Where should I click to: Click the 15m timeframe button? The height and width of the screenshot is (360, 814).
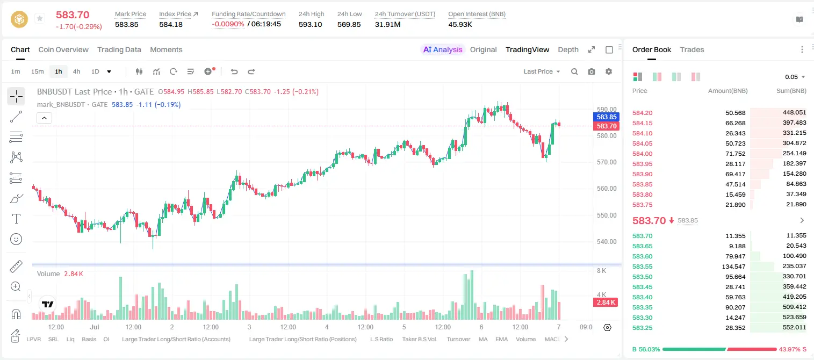(37, 71)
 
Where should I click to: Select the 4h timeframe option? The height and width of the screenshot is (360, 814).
(76, 71)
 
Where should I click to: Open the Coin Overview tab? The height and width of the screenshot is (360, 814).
(63, 49)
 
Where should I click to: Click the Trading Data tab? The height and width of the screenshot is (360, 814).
(119, 49)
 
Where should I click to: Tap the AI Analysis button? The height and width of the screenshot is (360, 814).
(443, 49)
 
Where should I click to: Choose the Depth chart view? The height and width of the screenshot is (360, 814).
(568, 49)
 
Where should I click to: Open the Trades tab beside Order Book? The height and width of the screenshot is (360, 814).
(692, 49)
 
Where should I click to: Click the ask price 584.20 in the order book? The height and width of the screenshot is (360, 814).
(642, 113)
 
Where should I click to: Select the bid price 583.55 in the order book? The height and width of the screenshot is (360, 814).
(642, 267)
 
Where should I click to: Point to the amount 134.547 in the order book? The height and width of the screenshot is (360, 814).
(733, 267)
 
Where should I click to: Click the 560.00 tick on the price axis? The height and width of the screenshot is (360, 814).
(607, 189)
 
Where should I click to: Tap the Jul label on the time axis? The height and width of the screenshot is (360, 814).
(95, 327)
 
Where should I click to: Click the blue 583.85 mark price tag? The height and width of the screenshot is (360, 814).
(606, 117)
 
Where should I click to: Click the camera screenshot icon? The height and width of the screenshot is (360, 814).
(592, 71)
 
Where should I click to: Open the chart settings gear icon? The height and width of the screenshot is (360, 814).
(609, 71)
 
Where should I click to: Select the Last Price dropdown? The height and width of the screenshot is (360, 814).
(542, 71)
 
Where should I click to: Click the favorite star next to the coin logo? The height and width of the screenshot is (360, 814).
(40, 18)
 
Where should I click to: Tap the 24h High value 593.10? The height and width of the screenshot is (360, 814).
(311, 24)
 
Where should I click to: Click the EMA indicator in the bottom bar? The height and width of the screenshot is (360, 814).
(501, 339)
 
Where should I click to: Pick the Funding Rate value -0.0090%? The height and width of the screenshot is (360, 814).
(228, 24)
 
